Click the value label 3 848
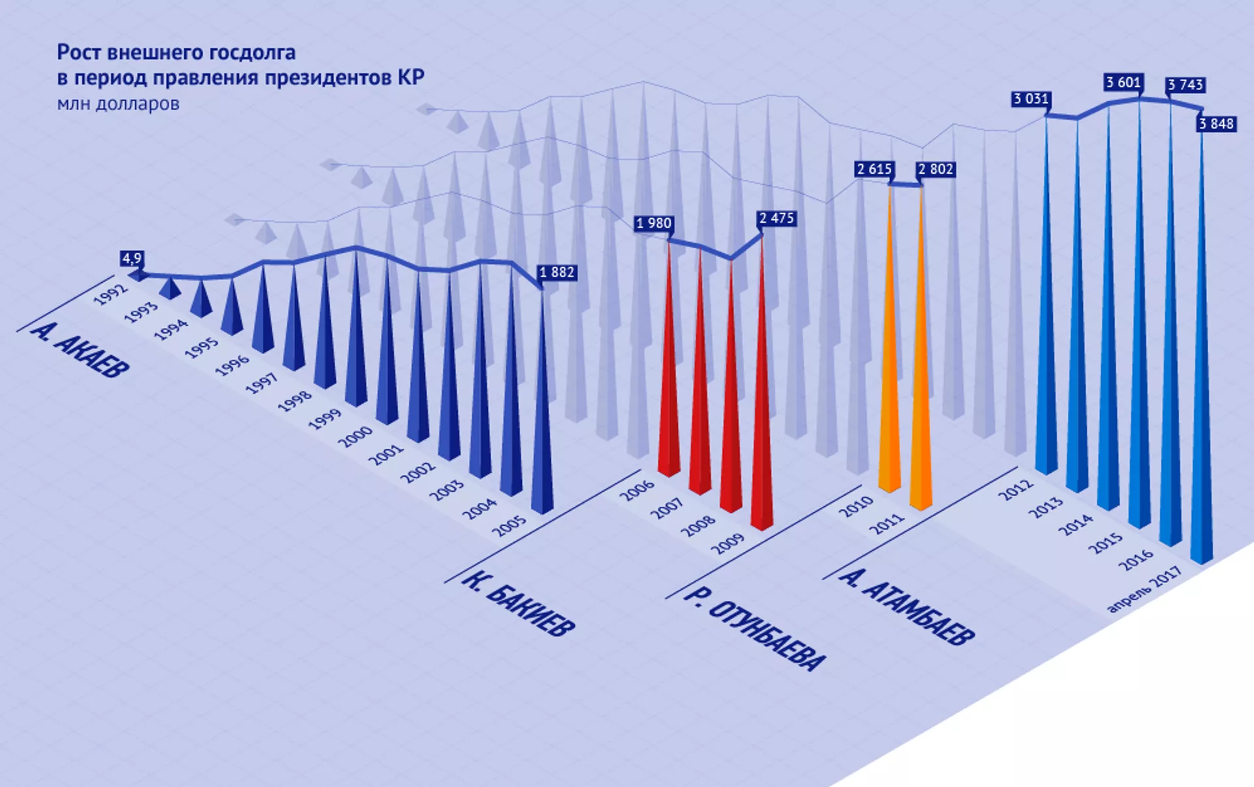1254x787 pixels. pos(1216,123)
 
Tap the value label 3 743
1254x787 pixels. pos(1185,85)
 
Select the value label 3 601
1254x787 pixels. pos(1123,82)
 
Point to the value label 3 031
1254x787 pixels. pos(1031,99)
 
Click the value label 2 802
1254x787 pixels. pos(936,169)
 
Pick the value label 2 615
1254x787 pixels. pos(875,169)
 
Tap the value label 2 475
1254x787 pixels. pos(777,218)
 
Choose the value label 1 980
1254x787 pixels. pos(654,223)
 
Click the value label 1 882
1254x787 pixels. pos(557,272)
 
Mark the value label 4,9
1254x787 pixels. pos(131,259)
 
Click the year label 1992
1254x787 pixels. pos(110,295)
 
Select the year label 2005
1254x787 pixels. pos(509,525)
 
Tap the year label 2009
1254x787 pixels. pos(728,543)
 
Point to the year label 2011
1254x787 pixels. pos(888,524)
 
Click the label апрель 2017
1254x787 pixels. pos(1145,589)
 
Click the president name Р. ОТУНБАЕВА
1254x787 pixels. pos(754,629)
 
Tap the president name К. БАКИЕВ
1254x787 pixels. pos(519,603)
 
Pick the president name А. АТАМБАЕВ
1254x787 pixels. pos(907,607)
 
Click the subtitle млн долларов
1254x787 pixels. pos(118,104)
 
